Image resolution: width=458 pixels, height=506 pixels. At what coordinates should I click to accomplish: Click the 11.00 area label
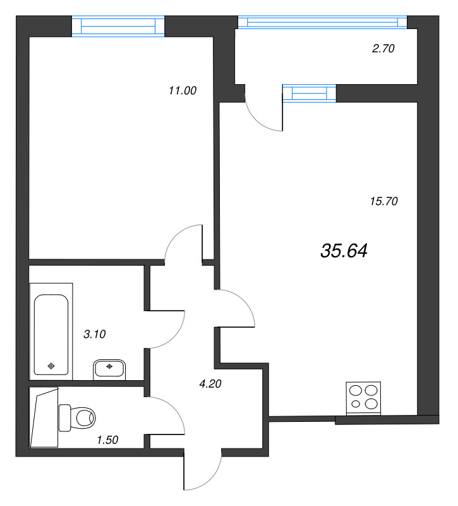183,90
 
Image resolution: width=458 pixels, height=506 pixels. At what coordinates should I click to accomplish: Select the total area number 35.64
344,251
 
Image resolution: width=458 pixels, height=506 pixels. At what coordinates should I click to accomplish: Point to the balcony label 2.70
383,48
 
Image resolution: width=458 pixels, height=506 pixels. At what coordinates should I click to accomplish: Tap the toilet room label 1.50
108,438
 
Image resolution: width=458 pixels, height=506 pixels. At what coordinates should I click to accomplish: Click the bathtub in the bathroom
51,335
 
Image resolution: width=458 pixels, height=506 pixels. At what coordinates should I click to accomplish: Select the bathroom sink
111,368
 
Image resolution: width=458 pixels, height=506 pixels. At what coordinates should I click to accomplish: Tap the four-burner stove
365,398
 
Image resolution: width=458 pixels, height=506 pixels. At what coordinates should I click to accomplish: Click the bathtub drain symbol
51,365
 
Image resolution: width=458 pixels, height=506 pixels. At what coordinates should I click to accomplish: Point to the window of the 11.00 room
118,25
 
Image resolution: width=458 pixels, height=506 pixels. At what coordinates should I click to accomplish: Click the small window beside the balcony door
310,93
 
